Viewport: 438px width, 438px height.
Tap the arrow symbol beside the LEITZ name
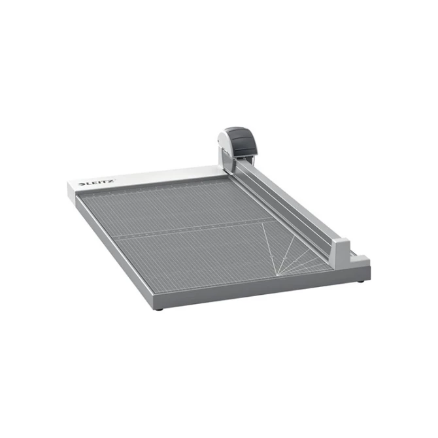click(x=82, y=184)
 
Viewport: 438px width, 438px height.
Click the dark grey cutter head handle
click(x=244, y=141)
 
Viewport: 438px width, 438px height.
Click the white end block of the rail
click(x=341, y=252)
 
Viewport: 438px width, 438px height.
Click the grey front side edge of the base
click(x=261, y=288)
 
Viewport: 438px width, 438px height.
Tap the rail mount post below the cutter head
click(x=227, y=161)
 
